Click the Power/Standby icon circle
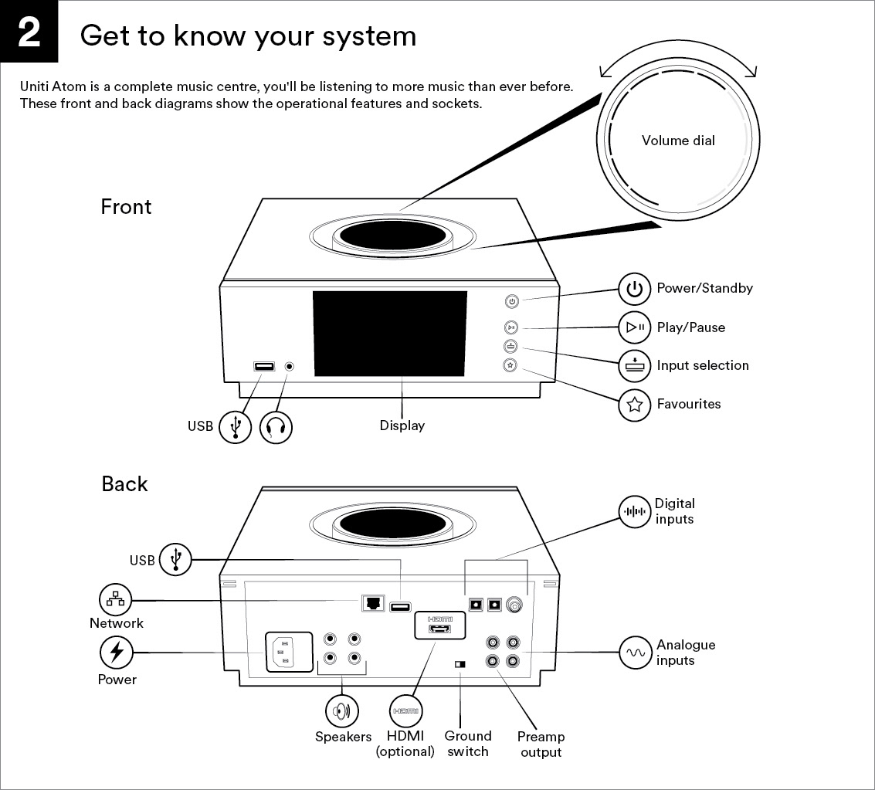[x=635, y=289]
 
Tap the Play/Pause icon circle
[x=635, y=327]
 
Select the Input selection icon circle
[x=635, y=365]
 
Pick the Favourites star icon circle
[x=635, y=405]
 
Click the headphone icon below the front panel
[x=276, y=427]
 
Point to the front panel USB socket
[x=264, y=367]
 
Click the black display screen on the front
[x=389, y=334]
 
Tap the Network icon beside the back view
[x=116, y=600]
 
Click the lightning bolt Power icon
[x=116, y=653]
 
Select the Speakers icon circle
[x=341, y=710]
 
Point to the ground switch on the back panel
[x=460, y=664]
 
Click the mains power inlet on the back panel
[x=289, y=652]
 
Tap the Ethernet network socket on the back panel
[x=373, y=602]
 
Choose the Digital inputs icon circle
[x=635, y=511]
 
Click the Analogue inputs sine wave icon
[x=635, y=653]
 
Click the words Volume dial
[x=678, y=141]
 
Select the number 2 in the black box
[x=29, y=31]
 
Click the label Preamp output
[x=541, y=744]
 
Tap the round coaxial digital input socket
[x=514, y=604]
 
